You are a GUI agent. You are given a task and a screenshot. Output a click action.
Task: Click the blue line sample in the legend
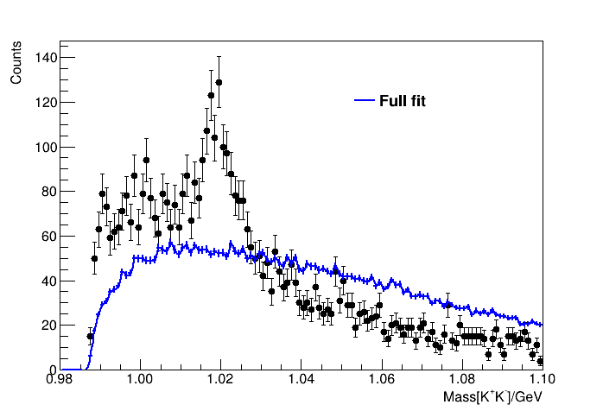coord(365,102)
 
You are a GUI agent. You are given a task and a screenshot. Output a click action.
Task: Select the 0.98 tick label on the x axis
coord(60,381)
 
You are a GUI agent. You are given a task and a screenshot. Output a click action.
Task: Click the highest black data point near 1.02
coord(219,83)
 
